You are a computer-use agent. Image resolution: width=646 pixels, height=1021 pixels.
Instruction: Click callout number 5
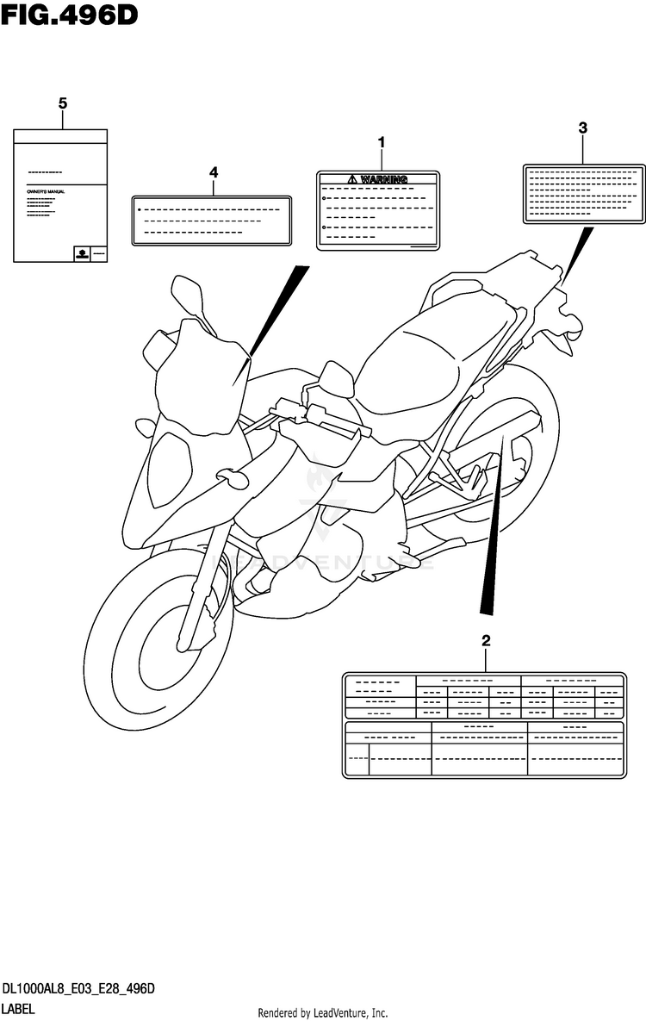click(62, 104)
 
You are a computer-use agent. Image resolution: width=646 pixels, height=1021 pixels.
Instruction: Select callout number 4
click(213, 172)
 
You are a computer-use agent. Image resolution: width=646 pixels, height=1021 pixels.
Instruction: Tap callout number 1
click(381, 142)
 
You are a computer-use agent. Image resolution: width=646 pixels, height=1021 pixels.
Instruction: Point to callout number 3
click(582, 128)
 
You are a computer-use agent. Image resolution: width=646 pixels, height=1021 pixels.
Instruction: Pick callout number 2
click(486, 641)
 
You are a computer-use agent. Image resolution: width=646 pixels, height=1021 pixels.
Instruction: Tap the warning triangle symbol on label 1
click(351, 179)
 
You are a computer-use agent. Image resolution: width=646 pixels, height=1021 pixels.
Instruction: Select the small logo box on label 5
click(82, 253)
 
